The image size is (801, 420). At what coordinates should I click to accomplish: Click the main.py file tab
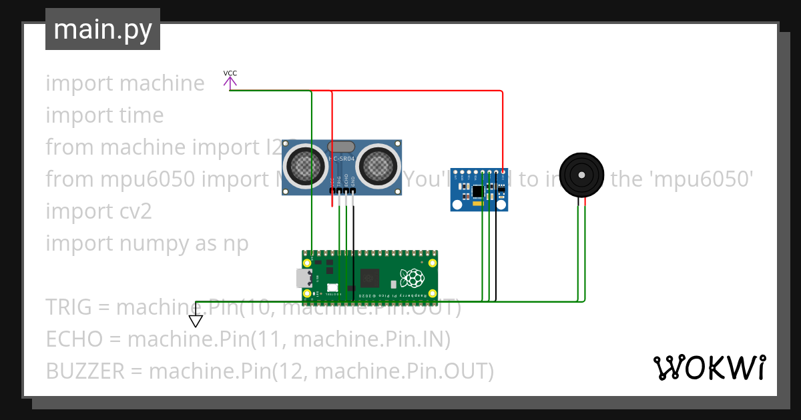coord(103,30)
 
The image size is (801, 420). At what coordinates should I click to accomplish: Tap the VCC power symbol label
coord(230,73)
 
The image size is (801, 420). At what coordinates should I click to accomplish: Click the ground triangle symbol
coord(196,321)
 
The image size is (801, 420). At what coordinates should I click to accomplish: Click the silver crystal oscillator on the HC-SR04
coord(342,146)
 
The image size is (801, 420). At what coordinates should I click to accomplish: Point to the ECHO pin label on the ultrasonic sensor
coord(346,180)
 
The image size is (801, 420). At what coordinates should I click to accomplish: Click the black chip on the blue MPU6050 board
coord(477,191)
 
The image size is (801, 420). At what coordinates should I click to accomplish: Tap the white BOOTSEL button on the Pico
coord(332,288)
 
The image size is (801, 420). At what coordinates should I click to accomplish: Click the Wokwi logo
coord(709,367)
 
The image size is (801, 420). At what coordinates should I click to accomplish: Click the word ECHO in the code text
coord(75,339)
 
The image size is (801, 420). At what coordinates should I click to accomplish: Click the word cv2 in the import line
coord(136,211)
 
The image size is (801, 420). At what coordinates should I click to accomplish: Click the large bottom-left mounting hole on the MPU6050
coord(459,203)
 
